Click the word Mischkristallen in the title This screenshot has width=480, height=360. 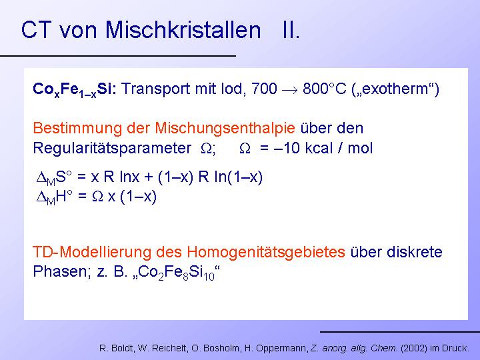click(183, 30)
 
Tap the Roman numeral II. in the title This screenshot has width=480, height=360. click(291, 30)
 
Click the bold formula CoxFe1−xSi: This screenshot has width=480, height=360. click(75, 89)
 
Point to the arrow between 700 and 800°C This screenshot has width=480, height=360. click(289, 90)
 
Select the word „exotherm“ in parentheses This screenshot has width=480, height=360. click(395, 89)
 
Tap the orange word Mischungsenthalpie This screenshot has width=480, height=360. click(225, 128)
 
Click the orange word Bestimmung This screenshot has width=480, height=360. click(77, 128)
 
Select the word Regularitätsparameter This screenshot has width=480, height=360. click(112, 149)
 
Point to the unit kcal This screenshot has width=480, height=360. click(319, 148)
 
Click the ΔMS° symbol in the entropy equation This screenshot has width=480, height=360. click(54, 177)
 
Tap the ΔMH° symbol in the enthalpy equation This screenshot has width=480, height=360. click(55, 197)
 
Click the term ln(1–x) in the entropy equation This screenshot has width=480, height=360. click(239, 177)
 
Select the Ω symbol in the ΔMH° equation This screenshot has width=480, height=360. click(97, 197)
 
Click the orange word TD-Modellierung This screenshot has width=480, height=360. click(92, 252)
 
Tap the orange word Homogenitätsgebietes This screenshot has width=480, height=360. click(266, 253)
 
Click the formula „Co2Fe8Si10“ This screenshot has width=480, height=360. click(177, 272)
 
